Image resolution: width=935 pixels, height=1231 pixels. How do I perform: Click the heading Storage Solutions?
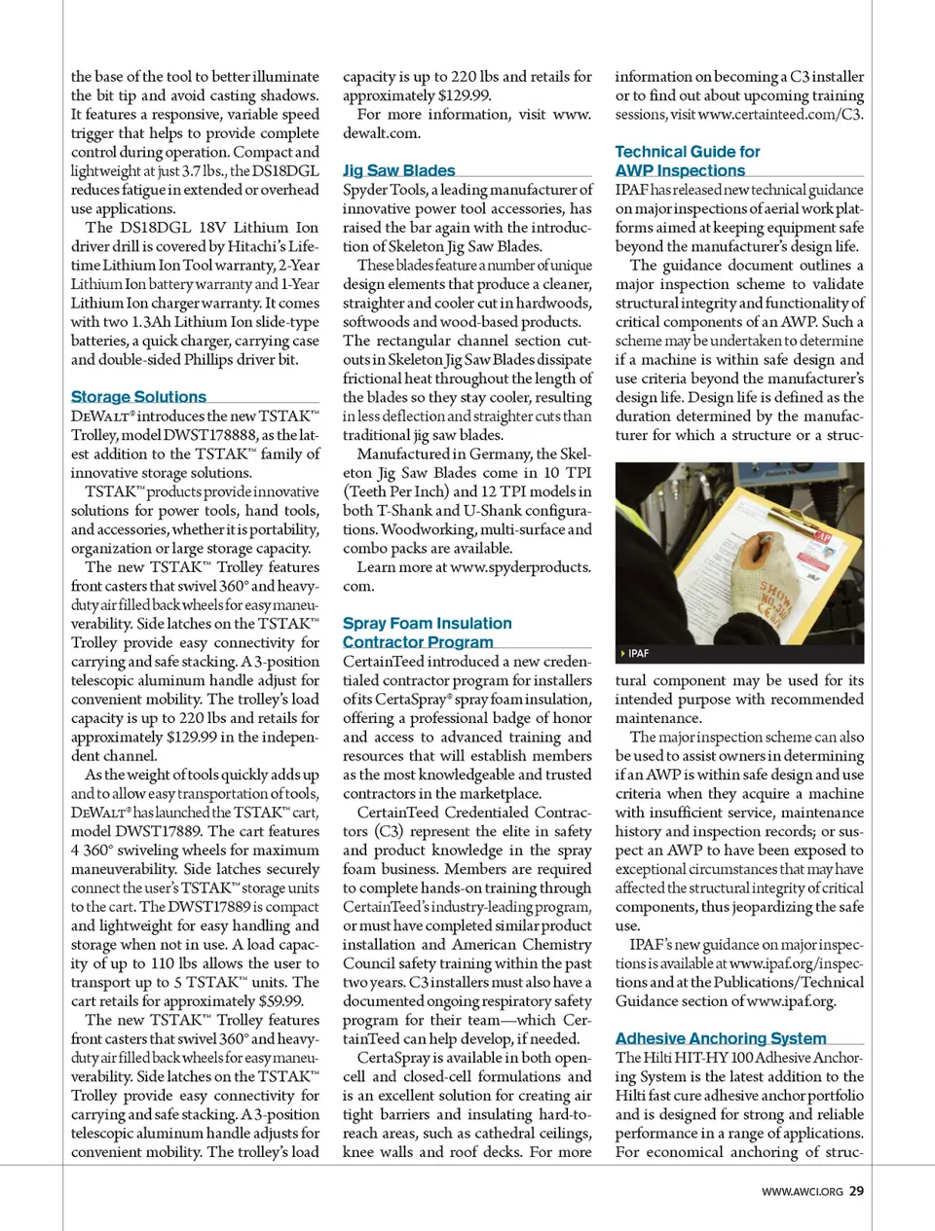pyautogui.click(x=138, y=397)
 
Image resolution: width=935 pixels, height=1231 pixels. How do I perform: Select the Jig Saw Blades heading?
pyautogui.click(x=398, y=170)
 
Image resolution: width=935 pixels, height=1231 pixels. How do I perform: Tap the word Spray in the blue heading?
pyautogui.click(x=363, y=623)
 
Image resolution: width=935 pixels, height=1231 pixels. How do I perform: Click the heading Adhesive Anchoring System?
pyautogui.click(x=721, y=1038)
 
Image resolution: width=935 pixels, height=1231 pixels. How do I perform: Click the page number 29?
pyautogui.click(x=856, y=1190)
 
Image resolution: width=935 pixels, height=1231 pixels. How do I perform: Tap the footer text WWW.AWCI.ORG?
pyautogui.click(x=802, y=1191)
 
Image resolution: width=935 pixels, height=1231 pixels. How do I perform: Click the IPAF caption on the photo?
pyautogui.click(x=638, y=653)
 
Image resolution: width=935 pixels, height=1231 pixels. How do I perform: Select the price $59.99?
pyautogui.click(x=280, y=1000)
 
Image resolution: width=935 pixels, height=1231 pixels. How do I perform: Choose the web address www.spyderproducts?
pyautogui.click(x=520, y=567)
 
